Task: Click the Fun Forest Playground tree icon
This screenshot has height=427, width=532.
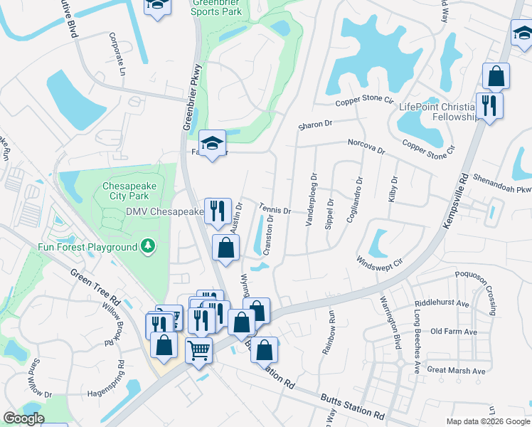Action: click(148, 247)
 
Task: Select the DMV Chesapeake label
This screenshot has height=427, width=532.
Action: click(165, 212)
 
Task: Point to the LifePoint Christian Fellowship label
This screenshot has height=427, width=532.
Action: click(436, 112)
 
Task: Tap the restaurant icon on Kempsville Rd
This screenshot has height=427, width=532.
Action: click(489, 106)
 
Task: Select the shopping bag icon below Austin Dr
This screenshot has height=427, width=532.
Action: click(225, 248)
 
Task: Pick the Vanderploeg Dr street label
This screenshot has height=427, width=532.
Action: click(310, 199)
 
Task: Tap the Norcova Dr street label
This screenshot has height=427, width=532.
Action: click(366, 147)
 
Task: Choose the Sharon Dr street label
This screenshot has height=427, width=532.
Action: click(315, 124)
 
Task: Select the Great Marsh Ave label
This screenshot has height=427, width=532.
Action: click(456, 370)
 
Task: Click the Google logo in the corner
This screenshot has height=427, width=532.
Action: click(23, 418)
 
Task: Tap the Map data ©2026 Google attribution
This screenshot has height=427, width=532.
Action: click(488, 421)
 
